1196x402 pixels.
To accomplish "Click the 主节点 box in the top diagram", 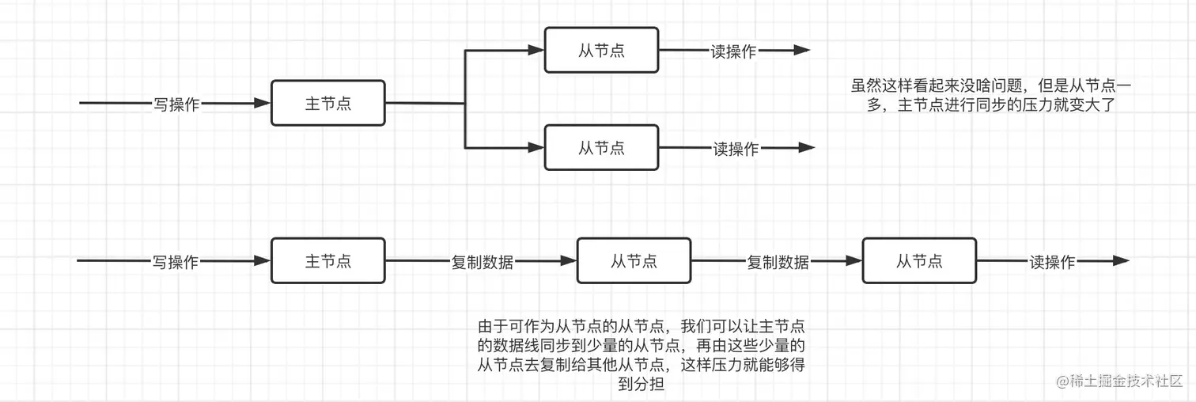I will [x=327, y=103].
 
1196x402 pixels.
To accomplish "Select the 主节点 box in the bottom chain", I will [x=327, y=260].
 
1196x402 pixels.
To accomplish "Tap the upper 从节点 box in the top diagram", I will [x=601, y=50].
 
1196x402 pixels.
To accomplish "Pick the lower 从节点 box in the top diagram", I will [x=601, y=147].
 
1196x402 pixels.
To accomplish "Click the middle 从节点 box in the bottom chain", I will [x=634, y=260].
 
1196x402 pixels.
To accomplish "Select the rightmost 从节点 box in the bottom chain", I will [x=919, y=260].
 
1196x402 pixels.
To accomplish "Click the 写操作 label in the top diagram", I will [x=176, y=104].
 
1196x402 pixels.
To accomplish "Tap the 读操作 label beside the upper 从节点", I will [x=732, y=51].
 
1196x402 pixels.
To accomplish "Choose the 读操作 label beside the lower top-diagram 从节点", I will [x=736, y=148].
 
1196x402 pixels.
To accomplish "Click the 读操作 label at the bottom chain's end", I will [x=1052, y=261].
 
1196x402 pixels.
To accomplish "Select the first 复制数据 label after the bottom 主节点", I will [x=482, y=261].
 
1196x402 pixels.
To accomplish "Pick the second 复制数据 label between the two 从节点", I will [x=778, y=261].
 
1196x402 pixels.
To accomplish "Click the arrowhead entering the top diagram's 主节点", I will [x=262, y=103].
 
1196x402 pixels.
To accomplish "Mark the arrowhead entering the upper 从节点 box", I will [x=536, y=50].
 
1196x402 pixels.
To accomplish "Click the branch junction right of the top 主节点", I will [x=465, y=103].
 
